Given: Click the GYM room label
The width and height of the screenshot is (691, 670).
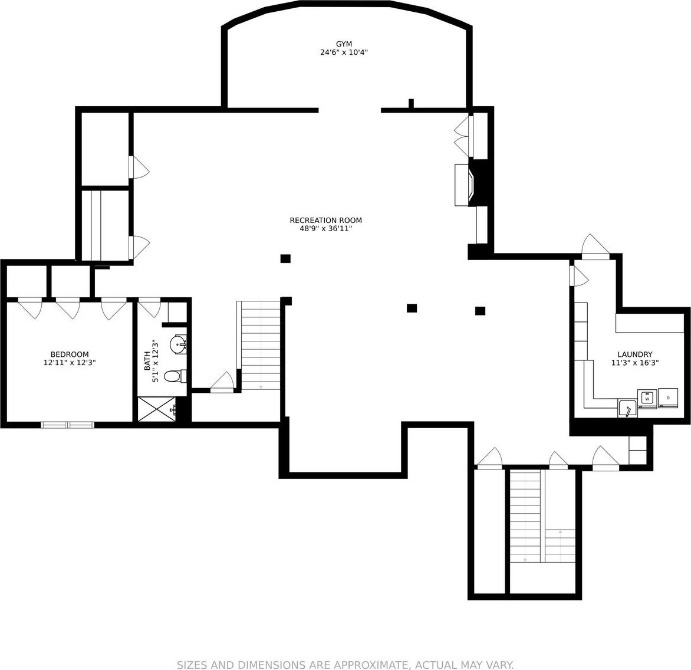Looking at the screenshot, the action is tap(344, 44).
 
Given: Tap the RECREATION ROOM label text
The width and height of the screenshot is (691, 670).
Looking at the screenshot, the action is tap(325, 221).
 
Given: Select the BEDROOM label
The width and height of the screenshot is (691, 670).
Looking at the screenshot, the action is tap(70, 354).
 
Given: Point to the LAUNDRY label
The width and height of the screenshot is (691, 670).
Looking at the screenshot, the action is tap(634, 354).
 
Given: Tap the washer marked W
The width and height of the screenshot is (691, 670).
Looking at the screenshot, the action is tap(647, 398).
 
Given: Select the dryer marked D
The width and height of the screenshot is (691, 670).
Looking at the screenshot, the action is tap(668, 398).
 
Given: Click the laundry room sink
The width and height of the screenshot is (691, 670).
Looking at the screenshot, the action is tap(627, 409).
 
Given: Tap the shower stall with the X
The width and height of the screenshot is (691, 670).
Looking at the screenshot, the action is tap(157, 409).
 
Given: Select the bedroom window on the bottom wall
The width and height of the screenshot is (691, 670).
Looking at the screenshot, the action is tap(67, 425).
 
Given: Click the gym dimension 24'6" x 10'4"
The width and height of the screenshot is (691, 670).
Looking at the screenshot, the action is tap(344, 52).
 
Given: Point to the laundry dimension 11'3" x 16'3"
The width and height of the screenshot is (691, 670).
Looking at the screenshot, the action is tap(634, 363).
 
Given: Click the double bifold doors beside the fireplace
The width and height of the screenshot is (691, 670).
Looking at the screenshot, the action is tap(463, 136).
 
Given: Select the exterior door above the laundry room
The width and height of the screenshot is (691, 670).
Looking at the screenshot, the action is tap(595, 247).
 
